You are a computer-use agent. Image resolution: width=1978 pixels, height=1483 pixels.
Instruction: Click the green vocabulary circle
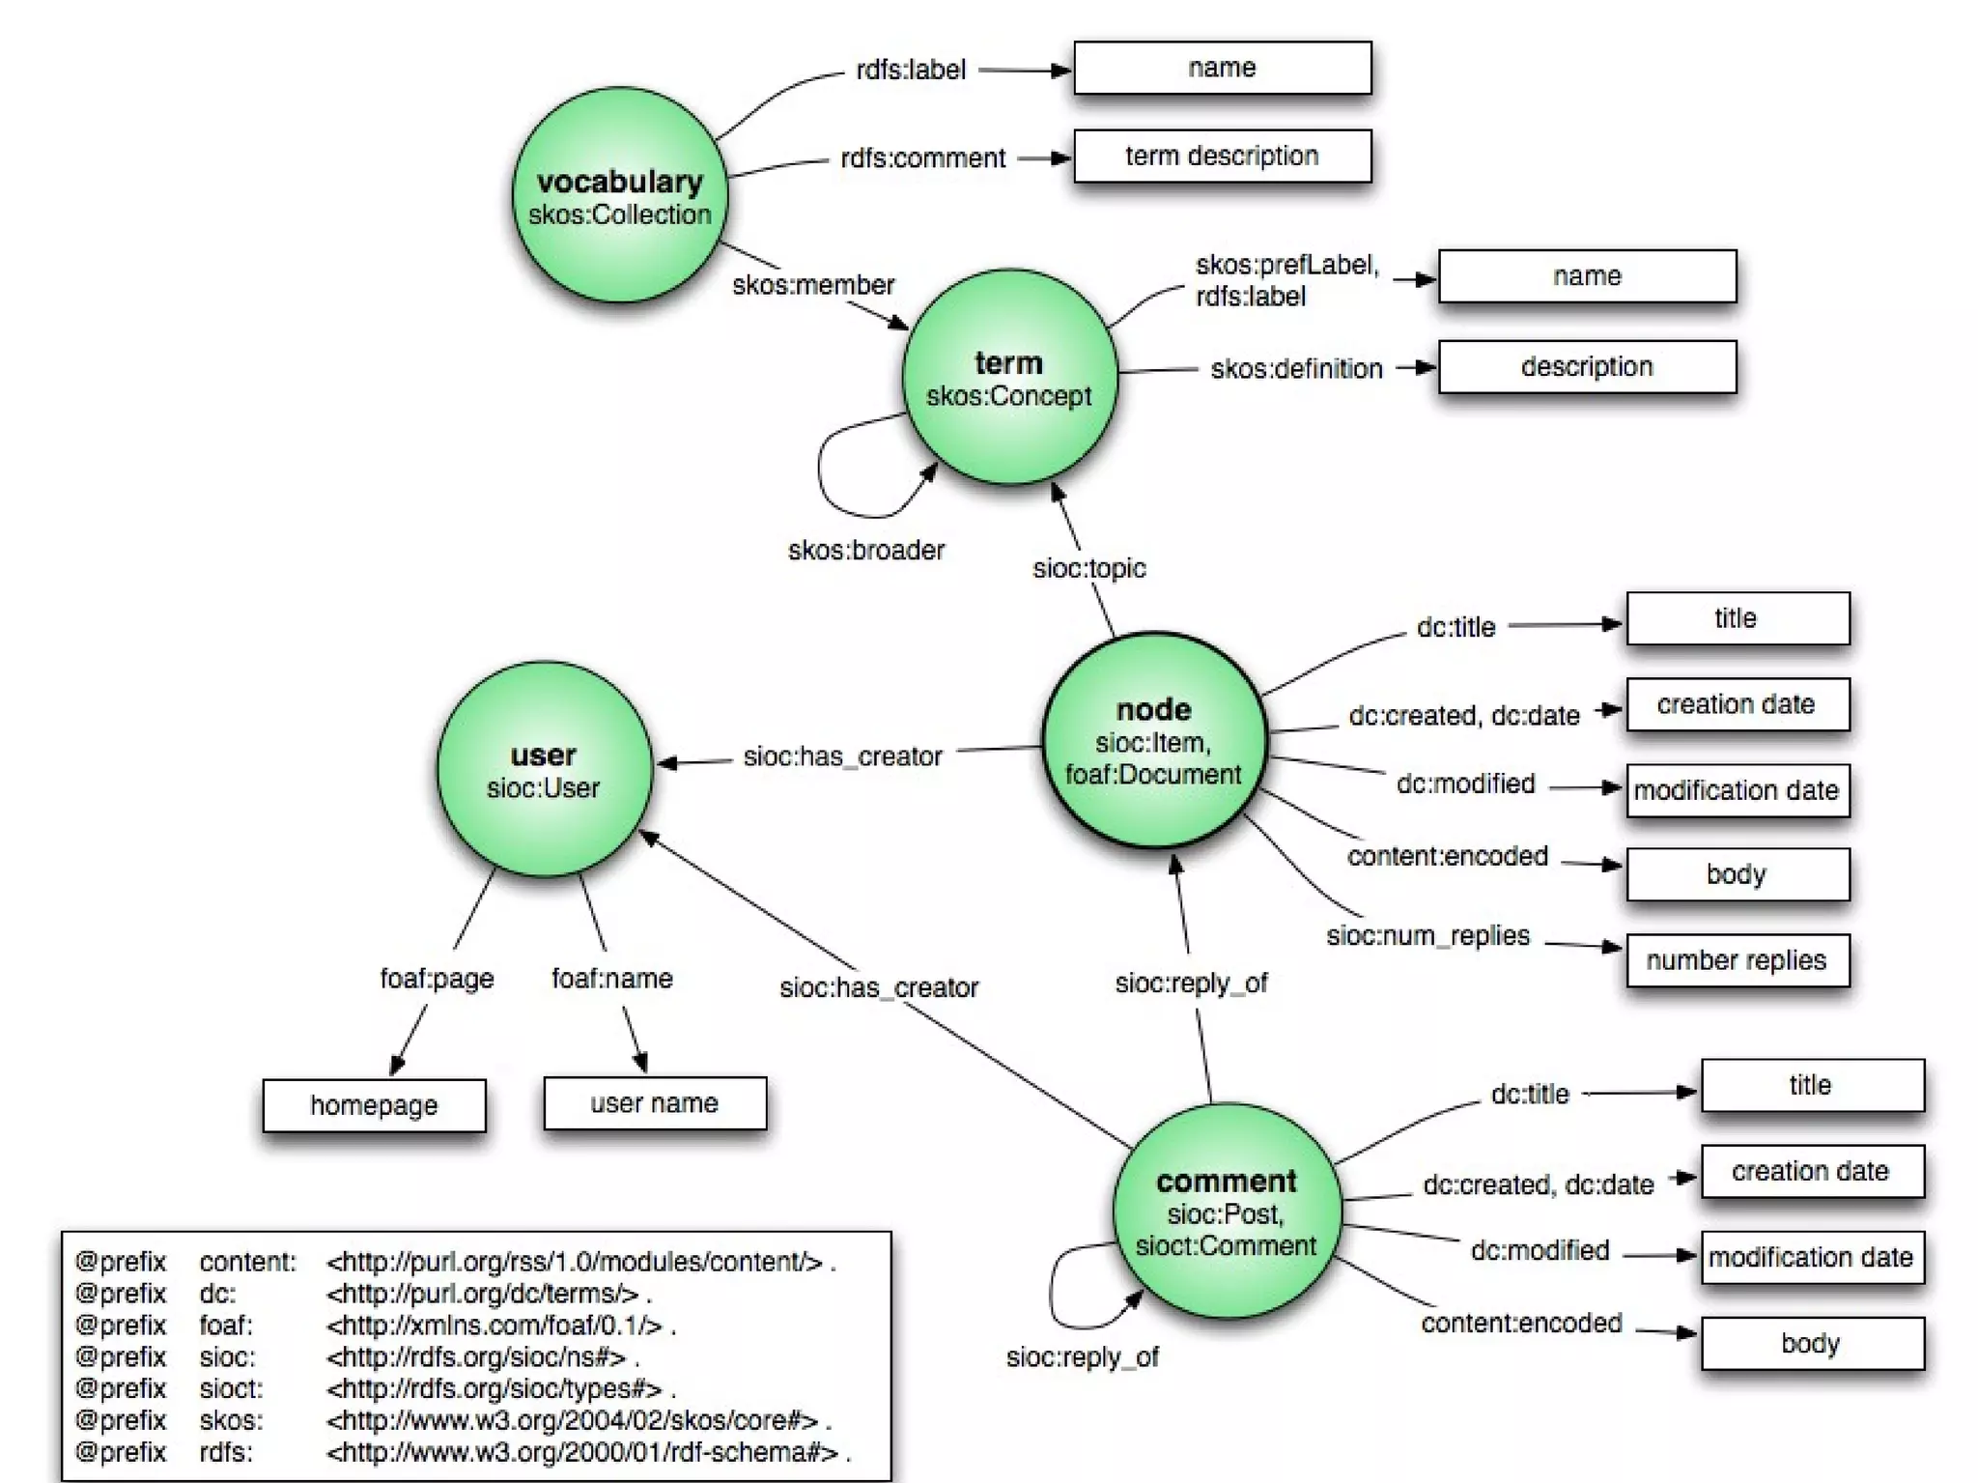619,195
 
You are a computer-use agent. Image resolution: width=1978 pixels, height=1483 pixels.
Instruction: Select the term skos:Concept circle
1009,378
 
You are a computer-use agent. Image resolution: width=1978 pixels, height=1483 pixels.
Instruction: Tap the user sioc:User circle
544,770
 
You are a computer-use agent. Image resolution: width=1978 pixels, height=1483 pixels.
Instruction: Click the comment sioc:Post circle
1227,1212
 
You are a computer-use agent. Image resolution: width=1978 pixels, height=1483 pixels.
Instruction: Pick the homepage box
374,1105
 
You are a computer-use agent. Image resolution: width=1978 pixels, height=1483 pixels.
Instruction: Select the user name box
655,1103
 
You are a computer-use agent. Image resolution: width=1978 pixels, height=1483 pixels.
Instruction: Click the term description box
1222,157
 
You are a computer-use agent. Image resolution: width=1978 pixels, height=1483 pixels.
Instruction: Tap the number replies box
1737,960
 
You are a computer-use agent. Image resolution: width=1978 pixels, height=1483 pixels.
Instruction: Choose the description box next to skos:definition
1587,367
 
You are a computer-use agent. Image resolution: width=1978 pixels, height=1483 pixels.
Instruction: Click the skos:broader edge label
866,551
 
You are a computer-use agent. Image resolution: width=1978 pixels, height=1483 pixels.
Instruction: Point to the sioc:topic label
1089,568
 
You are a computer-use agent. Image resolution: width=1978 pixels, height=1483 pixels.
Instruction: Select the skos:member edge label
813,285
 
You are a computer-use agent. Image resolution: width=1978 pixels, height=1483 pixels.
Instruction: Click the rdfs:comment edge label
922,158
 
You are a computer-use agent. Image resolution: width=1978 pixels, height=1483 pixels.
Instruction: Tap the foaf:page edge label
437,979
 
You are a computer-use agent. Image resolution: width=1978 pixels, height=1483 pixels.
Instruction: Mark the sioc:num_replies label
1427,936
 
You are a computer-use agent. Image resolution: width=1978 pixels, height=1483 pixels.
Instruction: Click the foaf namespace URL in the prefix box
494,1326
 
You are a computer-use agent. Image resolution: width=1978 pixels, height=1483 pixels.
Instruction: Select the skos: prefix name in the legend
231,1420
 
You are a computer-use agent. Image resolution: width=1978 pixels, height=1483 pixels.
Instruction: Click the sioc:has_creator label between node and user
842,756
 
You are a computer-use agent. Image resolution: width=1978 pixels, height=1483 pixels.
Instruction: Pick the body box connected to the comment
1811,1344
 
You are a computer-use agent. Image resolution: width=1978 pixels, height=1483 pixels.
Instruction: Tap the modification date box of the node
1737,790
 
